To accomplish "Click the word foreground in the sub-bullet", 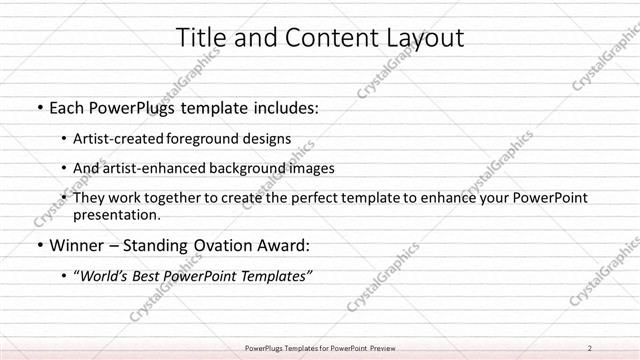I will [x=211, y=138].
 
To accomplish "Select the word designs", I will [x=271, y=138].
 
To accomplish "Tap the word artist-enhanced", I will [x=156, y=168].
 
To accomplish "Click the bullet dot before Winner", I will [x=38, y=245].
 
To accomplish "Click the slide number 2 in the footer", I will [x=589, y=348].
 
